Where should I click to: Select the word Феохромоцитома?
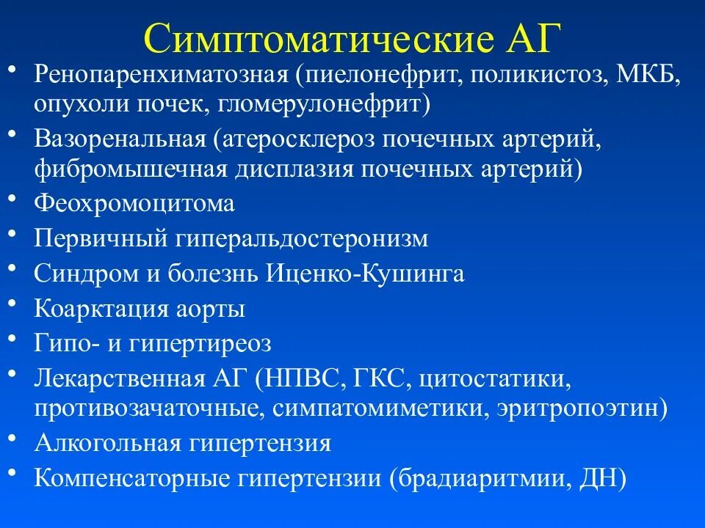(134, 203)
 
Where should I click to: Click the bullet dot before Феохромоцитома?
(14, 199)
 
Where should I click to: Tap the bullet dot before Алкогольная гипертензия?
(14, 439)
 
